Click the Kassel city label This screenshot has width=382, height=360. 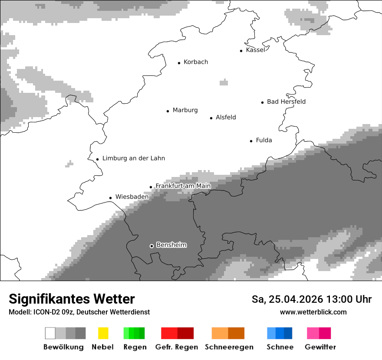pos(255,50)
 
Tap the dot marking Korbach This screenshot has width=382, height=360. pos(179,63)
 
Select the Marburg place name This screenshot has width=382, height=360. pos(185,110)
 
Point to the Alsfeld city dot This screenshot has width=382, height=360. pos(211,118)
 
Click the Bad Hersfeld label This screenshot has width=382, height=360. pos(286,101)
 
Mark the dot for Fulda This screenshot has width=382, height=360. pos(251,141)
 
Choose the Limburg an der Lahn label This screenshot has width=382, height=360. pos(134,158)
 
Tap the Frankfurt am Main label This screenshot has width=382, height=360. pos(183,186)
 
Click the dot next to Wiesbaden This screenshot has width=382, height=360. pos(111,198)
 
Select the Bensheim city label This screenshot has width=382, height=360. pos(171,245)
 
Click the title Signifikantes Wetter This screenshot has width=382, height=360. pos(72,299)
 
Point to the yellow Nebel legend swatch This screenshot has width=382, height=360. pos(103,333)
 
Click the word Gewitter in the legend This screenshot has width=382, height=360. pos(320,347)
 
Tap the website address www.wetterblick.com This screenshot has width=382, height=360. pos(313,312)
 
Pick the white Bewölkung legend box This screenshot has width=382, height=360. pos(50,333)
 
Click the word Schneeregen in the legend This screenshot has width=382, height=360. pos(229,347)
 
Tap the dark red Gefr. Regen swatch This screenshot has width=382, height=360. pos(185,333)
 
